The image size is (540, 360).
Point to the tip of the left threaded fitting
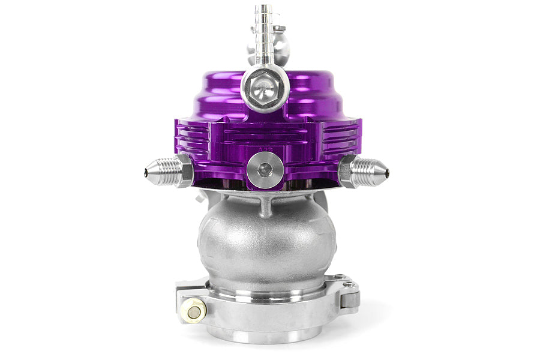pyautogui.click(x=147, y=173)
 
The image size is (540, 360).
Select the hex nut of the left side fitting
pyautogui.click(x=184, y=172)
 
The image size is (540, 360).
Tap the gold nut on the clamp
pyautogui.click(x=195, y=311)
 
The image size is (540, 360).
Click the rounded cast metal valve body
pyautogui.click(x=266, y=240)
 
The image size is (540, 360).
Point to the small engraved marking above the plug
pyautogui.click(x=264, y=144)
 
